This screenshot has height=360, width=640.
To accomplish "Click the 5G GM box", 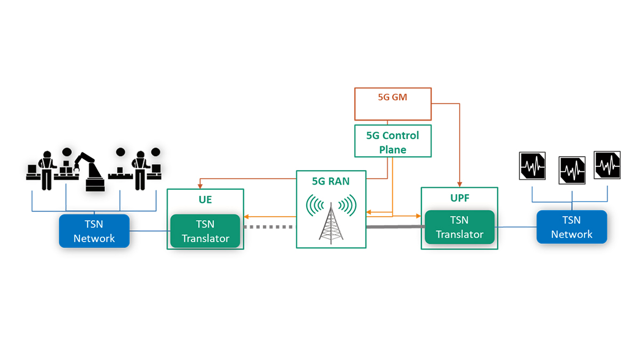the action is click(x=393, y=104).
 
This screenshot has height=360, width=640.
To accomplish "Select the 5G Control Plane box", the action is click(x=393, y=142).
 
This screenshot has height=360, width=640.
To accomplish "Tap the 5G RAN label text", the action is click(x=331, y=181).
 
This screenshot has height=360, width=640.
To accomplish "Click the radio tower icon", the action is click(x=331, y=220).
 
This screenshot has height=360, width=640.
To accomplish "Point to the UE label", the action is click(x=205, y=201).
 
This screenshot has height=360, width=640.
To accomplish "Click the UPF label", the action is click(x=459, y=198).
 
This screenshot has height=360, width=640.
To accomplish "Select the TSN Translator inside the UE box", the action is click(x=205, y=231).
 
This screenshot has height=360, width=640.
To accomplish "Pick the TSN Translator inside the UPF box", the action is click(x=459, y=227).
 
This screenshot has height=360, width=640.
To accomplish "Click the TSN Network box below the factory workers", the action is click(x=94, y=231).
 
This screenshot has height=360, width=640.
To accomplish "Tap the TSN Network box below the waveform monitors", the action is click(x=572, y=227).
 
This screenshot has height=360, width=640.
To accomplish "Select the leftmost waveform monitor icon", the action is click(x=532, y=165).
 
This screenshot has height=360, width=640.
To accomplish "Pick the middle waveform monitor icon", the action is click(x=572, y=170).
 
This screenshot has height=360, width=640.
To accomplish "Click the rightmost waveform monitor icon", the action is click(x=607, y=165).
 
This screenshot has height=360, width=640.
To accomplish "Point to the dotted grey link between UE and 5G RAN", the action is click(x=269, y=227).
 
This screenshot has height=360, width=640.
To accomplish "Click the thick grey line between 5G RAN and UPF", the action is click(x=395, y=227).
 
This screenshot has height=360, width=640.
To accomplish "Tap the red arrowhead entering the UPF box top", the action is click(x=460, y=184).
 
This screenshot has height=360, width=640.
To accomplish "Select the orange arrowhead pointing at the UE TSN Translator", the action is click(x=246, y=217).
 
